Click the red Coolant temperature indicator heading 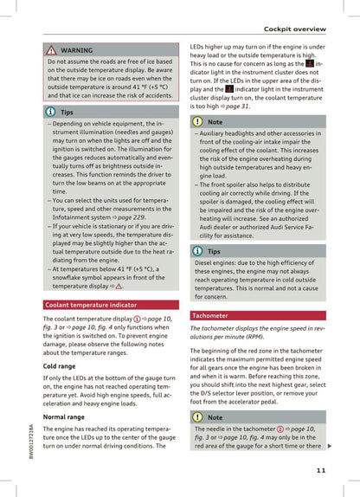coord(90,305)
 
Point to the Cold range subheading coord(59,366)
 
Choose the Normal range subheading coord(63,416)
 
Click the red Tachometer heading coord(210,316)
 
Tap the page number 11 coord(320,470)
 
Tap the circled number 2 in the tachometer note coord(280,429)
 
